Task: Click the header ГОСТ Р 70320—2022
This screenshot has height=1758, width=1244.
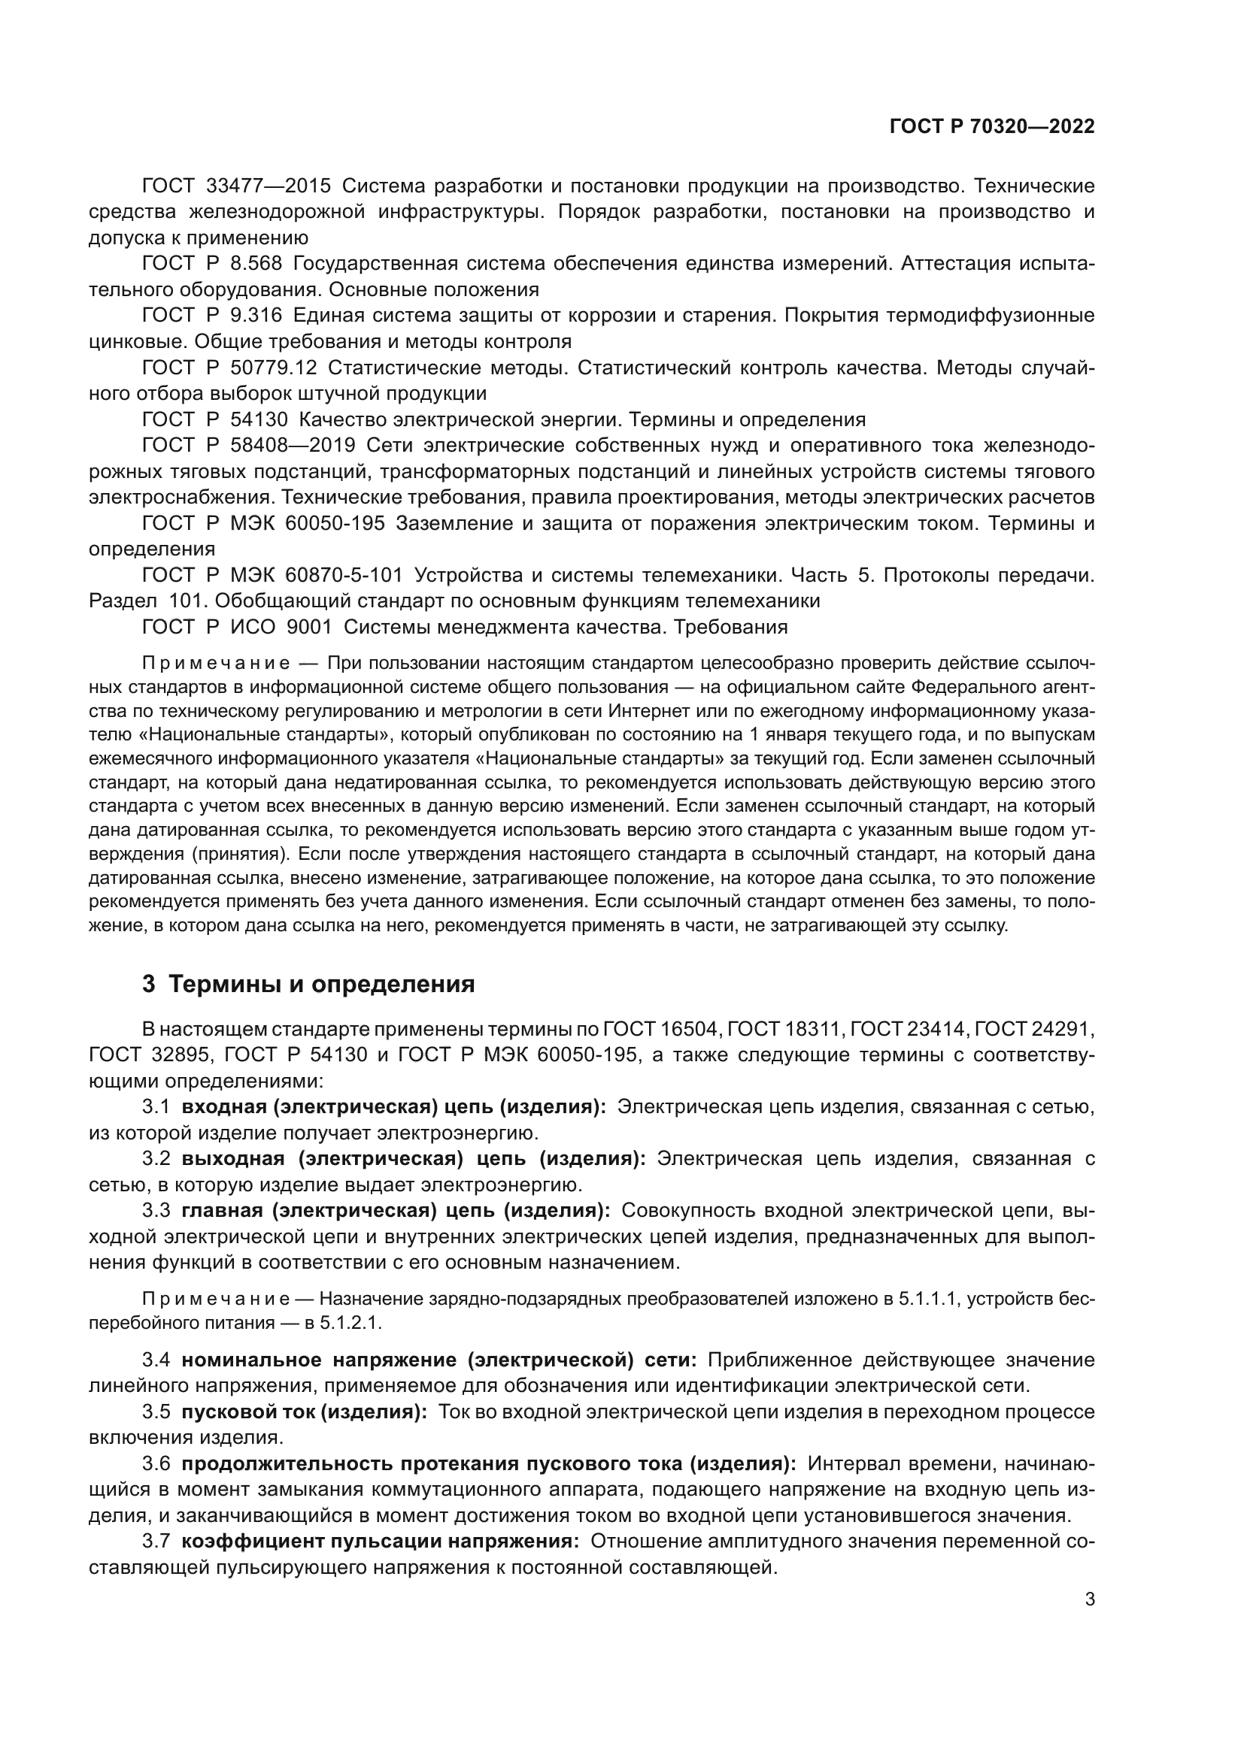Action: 992,127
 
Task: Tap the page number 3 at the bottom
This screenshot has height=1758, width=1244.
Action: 1090,1598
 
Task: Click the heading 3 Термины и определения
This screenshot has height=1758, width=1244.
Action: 308,984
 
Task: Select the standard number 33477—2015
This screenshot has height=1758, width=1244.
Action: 269,186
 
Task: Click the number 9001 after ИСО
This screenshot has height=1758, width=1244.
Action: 308,627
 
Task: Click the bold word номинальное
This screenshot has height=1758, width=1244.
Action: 251,1360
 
